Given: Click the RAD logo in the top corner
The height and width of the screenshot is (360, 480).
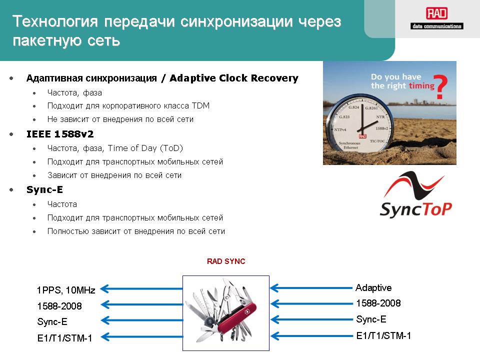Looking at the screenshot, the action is pos(437,18).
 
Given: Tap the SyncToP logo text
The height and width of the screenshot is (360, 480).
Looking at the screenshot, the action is pos(415,209).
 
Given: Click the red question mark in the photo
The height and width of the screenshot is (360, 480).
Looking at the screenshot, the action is pos(441,86).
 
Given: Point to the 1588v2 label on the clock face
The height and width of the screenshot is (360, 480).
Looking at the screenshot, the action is pos(381,128).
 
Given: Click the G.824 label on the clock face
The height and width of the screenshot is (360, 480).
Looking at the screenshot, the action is pos(353,107).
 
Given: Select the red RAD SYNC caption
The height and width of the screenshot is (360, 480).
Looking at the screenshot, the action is pos(226,261).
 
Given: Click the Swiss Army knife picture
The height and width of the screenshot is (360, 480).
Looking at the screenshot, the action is pos(226,313).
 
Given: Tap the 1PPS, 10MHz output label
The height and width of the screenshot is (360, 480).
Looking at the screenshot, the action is pos(66,290).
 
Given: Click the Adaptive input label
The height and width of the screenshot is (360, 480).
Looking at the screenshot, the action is pos(373,288).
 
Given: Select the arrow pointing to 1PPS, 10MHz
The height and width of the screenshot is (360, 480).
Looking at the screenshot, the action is pos(141,288).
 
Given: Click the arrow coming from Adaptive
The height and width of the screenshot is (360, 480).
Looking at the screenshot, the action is pos(311,288).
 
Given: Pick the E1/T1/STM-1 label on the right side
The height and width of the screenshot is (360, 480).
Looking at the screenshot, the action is pos(383,336).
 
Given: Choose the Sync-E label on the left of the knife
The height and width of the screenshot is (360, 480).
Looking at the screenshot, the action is pos(52,321).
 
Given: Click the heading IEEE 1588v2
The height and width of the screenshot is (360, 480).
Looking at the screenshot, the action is pos(60,134).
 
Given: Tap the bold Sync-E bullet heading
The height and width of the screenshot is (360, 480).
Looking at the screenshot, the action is pos(44,189).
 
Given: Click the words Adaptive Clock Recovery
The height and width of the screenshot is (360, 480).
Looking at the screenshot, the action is pos(234,78).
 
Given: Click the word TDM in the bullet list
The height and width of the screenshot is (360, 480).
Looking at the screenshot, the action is pos(201,105).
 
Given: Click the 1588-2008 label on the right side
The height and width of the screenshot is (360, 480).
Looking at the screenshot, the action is pos(378,303).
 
